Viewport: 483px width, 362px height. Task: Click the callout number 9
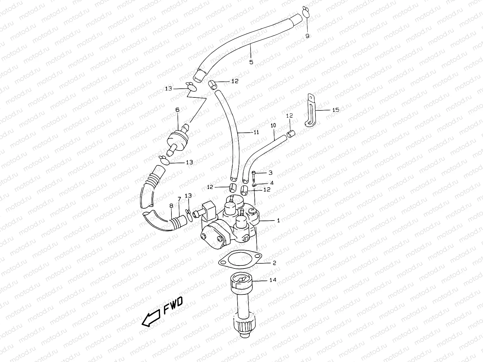pos(307,36)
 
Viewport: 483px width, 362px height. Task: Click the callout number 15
pos(336,110)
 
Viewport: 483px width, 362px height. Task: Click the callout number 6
pos(177,110)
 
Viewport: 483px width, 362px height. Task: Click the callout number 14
pos(273,280)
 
